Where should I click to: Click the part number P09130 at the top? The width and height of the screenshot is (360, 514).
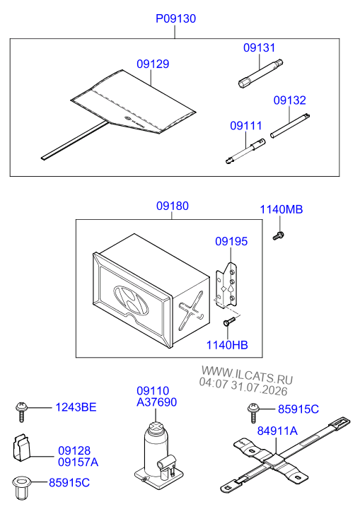pos(175,18)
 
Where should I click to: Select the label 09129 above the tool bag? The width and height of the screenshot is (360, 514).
pos(153,64)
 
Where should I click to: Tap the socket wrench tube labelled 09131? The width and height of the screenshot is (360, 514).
pos(260,74)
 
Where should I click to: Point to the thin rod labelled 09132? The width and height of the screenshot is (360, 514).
pos(290,126)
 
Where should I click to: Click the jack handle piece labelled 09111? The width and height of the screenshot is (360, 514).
pos(245,151)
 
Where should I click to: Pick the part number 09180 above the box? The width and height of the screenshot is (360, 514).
pos(173,206)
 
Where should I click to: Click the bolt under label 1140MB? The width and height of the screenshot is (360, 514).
pos(279,235)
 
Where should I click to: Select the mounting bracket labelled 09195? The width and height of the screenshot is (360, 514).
pos(226,286)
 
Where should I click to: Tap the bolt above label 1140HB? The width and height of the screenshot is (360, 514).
pos(229,321)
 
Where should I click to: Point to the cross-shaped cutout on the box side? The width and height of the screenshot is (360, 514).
pos(191,310)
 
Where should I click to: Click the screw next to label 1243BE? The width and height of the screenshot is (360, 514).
pos(22,411)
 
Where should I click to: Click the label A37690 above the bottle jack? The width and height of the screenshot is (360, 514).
pos(157,402)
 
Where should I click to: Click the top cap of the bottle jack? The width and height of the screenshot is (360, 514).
pos(156,428)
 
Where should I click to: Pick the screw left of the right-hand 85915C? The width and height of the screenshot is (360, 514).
pos(253,412)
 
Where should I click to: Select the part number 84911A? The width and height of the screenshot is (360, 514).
pos(277,431)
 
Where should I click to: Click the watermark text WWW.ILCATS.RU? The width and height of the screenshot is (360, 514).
pos(247,375)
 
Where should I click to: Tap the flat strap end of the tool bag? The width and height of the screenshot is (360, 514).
pos(75,141)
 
